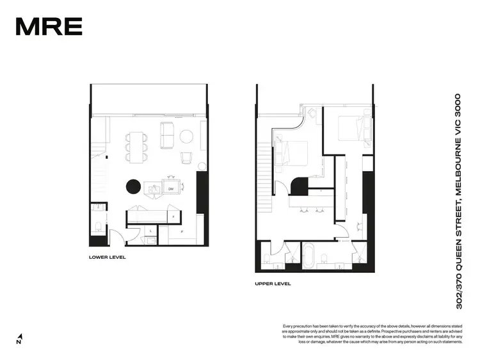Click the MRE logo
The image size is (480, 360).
(49, 26)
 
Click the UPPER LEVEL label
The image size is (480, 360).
(273, 282)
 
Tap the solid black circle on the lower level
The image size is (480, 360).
(132, 186)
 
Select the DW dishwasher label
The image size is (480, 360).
(171, 189)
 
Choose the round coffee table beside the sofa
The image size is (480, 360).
(187, 136)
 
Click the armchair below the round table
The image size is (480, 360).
(186, 157)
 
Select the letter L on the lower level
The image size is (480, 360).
(150, 230)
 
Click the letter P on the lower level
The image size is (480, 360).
(182, 231)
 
